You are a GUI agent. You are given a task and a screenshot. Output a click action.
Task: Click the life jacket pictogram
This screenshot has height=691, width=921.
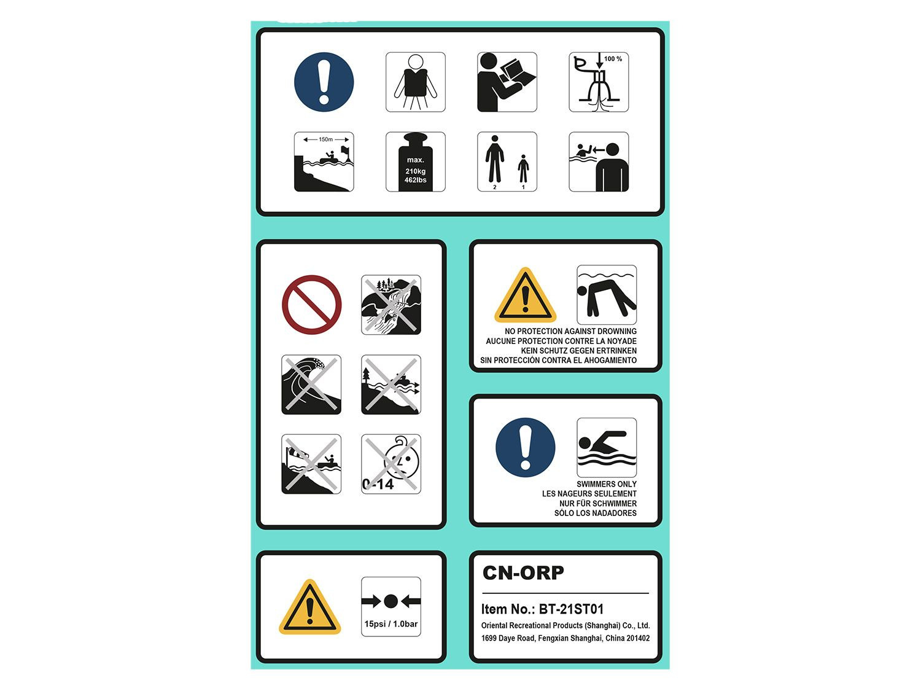[x=416, y=82]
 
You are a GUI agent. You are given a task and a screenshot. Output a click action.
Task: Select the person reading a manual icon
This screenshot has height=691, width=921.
[x=507, y=82]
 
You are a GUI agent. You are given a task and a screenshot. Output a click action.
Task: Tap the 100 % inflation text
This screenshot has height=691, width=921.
[x=613, y=59]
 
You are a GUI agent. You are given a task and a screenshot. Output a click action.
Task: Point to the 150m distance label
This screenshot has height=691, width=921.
[x=325, y=139]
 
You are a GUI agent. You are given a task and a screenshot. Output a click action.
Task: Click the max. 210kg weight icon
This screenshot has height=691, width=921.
[x=416, y=162]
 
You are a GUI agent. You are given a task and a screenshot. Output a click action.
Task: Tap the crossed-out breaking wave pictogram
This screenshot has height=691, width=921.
[x=311, y=385]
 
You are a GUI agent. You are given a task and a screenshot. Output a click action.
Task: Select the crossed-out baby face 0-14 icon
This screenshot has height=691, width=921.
[x=391, y=464]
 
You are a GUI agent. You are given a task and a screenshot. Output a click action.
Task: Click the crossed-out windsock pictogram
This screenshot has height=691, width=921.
[x=311, y=464]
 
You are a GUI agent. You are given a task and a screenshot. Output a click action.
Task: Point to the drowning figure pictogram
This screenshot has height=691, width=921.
[x=607, y=295]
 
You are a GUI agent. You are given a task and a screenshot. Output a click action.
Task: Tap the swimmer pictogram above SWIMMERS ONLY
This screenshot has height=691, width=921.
[x=607, y=447]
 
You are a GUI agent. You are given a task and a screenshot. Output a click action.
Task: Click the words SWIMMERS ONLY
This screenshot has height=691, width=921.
[x=606, y=484]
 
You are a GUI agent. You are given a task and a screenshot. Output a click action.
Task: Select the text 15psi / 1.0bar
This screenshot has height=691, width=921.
[x=391, y=624]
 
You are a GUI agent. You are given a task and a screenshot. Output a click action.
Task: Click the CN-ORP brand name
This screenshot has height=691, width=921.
[x=523, y=572]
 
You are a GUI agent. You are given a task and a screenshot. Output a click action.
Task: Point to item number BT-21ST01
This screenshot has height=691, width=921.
[x=571, y=609]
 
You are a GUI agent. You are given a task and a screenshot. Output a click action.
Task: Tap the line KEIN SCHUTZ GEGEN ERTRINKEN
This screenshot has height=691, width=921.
[x=578, y=351]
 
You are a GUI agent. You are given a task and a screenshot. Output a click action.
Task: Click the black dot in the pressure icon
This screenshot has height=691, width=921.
[x=391, y=601]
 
